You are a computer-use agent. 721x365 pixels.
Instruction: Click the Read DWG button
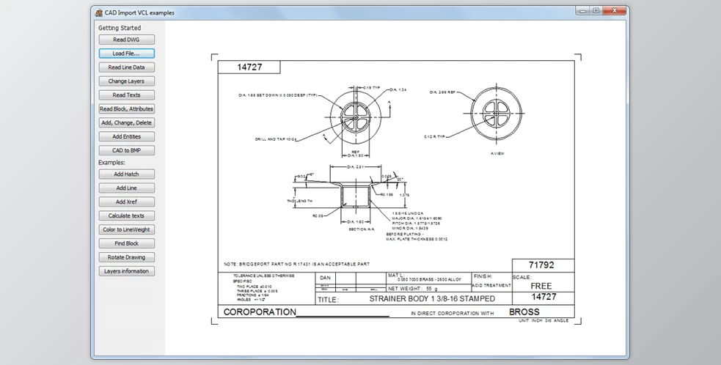[x=126, y=40]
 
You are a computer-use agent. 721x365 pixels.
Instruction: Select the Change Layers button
[x=126, y=81]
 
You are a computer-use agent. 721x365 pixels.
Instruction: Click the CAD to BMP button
[x=126, y=150]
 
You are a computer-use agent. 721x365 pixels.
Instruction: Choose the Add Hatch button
[x=126, y=174]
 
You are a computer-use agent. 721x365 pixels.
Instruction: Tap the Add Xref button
[x=126, y=202]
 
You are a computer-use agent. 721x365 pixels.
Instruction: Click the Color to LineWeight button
[x=126, y=229]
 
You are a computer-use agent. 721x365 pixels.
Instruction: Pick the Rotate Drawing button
[x=126, y=257]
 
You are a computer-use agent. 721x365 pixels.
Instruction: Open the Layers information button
[x=126, y=271]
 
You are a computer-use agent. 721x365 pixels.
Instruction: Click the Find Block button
[x=126, y=243]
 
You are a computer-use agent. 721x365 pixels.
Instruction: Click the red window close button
[x=615, y=11]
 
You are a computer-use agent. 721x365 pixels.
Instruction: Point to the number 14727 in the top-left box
[x=250, y=67]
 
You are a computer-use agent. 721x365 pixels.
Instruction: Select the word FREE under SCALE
[x=542, y=286]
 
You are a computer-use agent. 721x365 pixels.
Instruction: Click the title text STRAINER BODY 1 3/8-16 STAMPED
[x=431, y=299]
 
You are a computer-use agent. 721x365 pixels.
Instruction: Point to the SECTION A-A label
[x=361, y=229]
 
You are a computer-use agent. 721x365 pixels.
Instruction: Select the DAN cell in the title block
[x=326, y=278]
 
